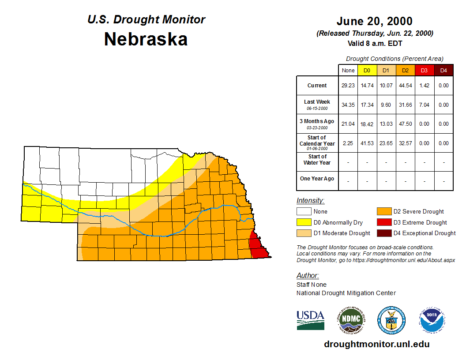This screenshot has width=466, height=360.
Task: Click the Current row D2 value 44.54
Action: [405, 86]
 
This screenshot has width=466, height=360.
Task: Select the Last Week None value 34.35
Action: [348, 105]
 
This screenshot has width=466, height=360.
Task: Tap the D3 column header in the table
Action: [424, 70]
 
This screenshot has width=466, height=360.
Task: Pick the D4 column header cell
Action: [443, 70]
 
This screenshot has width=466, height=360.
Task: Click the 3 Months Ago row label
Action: [317, 124]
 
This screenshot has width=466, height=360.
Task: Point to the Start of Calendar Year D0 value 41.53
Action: [367, 143]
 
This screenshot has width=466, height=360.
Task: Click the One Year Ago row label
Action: [317, 179]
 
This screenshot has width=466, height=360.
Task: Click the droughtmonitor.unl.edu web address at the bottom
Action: [377, 344]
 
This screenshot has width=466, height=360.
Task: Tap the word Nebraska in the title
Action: [146, 39]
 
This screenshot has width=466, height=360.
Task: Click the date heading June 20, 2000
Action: [375, 21]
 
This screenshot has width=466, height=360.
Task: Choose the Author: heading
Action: [308, 276]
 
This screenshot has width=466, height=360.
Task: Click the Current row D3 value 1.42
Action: [424, 86]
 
